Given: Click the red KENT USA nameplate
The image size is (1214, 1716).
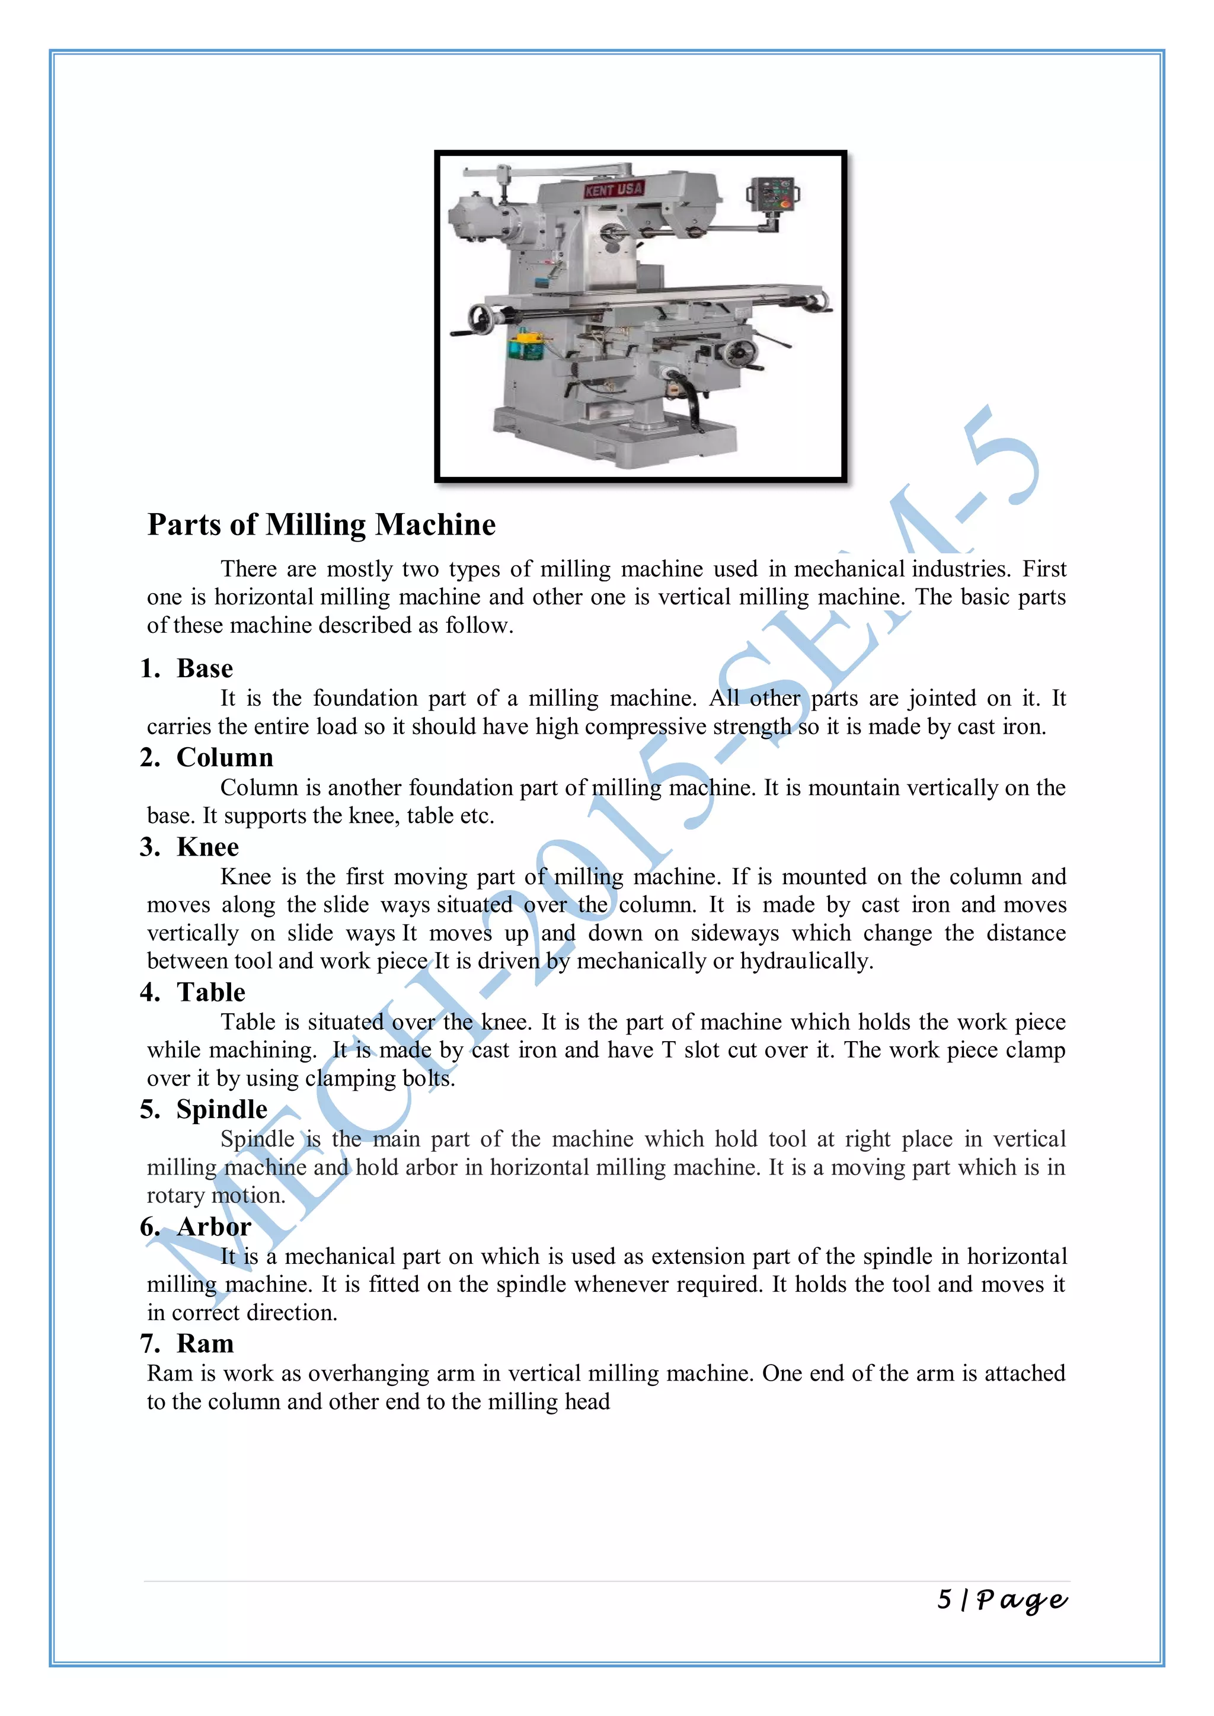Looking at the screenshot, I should pos(613,190).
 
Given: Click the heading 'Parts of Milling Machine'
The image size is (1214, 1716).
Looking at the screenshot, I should pos(321,524).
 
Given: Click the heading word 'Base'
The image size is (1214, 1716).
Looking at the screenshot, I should pos(205,668).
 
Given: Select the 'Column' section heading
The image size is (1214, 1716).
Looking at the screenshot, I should pos(225,757).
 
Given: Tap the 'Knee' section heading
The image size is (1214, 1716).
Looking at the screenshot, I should pos(208,847).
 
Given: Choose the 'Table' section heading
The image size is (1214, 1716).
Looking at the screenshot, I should pos(211,992).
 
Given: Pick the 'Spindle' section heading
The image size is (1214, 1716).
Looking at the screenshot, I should pos(222,1109).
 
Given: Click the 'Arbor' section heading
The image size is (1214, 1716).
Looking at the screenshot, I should pos(214,1227).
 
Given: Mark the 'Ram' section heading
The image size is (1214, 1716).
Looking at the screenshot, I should pos(205,1343).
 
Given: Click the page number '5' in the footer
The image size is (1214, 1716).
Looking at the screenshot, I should pos(945,1599).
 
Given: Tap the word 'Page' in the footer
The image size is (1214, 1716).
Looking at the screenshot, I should pos(1022,1600).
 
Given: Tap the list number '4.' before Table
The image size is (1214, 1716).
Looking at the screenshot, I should pos(149,992).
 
